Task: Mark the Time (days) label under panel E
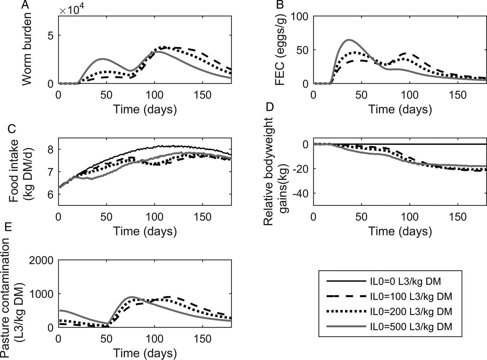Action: pos(145,352)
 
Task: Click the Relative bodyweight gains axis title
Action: pos(275,171)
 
